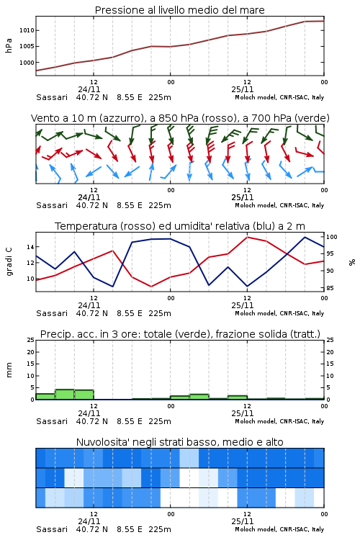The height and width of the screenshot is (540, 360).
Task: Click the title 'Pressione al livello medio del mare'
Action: (179, 10)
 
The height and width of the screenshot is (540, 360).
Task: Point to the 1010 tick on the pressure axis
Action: (27, 30)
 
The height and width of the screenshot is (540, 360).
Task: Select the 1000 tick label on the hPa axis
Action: (27, 63)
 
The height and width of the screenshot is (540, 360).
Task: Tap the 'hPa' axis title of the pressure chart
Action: (9, 45)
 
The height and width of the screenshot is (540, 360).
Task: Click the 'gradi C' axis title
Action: (9, 262)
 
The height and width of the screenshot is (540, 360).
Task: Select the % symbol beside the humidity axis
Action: (352, 262)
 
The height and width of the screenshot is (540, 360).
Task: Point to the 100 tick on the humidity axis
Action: (332, 237)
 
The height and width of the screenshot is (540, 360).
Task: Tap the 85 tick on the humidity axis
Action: (330, 288)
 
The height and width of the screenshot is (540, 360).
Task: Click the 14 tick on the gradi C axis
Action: (30, 247)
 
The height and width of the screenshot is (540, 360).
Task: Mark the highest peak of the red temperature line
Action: (247, 237)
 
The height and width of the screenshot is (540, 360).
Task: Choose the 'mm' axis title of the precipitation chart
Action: (9, 370)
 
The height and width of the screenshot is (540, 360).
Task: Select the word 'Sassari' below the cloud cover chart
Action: (52, 529)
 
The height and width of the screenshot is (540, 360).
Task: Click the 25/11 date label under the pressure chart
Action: (243, 89)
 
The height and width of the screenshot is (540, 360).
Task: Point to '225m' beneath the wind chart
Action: (160, 205)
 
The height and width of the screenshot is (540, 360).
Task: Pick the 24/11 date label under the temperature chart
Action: (89, 305)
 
